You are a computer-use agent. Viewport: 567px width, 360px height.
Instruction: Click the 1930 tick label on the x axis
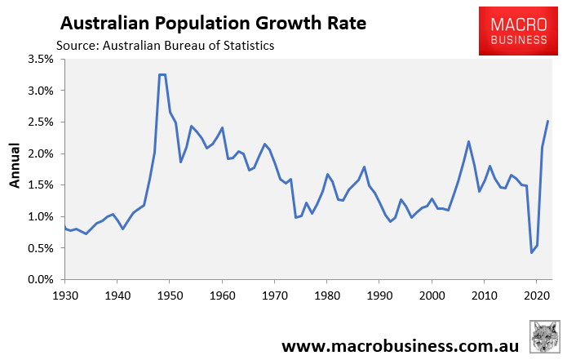66,295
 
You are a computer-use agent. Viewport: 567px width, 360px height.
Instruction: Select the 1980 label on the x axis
326,295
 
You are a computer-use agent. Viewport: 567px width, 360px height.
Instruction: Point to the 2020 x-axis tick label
536,295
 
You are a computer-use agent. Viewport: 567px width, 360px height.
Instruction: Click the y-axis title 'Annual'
15,167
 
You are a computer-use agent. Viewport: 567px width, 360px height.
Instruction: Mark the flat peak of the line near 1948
162,74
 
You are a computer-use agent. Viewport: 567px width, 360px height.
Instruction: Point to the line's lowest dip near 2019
532,252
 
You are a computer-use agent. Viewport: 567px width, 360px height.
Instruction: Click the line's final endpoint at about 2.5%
547,122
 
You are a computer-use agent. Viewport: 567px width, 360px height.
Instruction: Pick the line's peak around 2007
468,141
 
